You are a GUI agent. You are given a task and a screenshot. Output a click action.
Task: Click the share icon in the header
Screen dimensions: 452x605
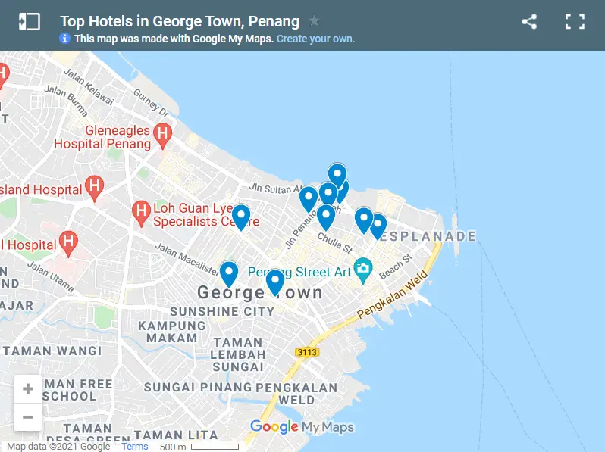tap(529, 22)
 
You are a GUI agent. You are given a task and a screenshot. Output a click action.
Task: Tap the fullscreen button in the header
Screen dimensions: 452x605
tap(575, 22)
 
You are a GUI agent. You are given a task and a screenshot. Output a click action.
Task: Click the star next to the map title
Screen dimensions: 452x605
tap(314, 21)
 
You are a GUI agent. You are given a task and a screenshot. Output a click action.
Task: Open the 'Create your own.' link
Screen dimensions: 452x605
tap(315, 39)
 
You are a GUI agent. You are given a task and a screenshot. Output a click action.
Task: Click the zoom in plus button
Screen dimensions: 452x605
tap(28, 389)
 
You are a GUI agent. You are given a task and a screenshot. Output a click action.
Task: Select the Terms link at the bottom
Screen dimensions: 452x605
tap(134, 447)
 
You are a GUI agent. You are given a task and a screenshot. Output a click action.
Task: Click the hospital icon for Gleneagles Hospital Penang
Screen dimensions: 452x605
tap(162, 136)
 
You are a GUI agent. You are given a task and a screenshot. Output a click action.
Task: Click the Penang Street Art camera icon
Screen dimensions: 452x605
tap(363, 268)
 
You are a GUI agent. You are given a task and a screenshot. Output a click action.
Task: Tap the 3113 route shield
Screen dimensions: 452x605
tap(306, 352)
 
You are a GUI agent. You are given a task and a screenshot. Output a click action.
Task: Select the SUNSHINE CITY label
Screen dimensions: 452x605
tap(222, 311)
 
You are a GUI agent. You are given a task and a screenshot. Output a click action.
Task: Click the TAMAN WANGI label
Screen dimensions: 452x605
tap(52, 351)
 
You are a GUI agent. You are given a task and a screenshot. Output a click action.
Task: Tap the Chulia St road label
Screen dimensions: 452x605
tap(335, 243)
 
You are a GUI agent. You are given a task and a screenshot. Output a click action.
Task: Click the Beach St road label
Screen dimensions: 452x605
tap(395, 265)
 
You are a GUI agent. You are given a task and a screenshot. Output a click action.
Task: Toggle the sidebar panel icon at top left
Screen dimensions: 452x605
tap(29, 22)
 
